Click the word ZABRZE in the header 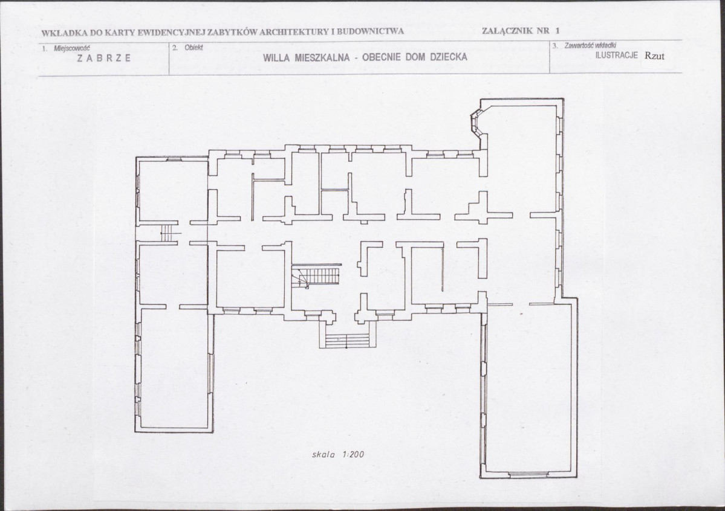pyautogui.click(x=104, y=58)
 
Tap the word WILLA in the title pyautogui.click(x=276, y=58)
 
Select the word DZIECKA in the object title pyautogui.click(x=449, y=57)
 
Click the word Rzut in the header pyautogui.click(x=655, y=56)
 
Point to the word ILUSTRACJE pyautogui.click(x=617, y=56)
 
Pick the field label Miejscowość pyautogui.click(x=72, y=48)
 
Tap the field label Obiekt pyautogui.click(x=193, y=47)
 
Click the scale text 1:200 pyautogui.click(x=353, y=454)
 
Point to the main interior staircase pyautogui.click(x=316, y=276)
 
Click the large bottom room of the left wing pyautogui.click(x=174, y=368)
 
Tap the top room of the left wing pyautogui.click(x=173, y=190)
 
